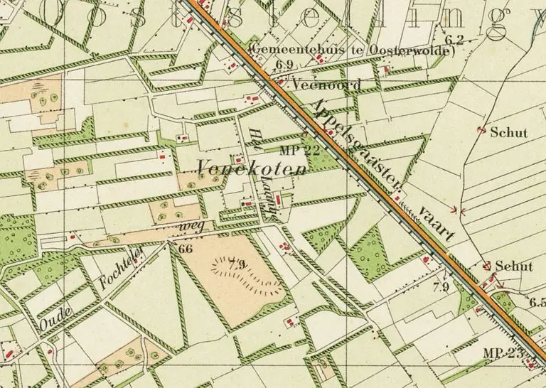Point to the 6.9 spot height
tap(285, 65)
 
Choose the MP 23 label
tap(502, 353)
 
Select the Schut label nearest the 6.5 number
tap(513, 266)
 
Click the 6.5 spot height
tap(537, 302)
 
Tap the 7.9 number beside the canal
tap(441, 287)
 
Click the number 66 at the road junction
tap(186, 249)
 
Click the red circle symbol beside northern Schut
tap(481, 130)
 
